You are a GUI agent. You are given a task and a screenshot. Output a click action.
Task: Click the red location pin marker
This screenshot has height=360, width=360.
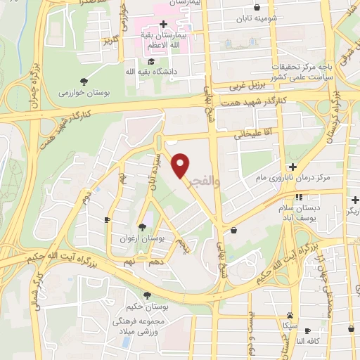181,165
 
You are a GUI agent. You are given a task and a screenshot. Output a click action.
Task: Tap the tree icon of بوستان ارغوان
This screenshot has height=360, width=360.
143,226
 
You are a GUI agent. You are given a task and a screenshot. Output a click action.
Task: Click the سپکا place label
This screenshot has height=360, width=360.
290,326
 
